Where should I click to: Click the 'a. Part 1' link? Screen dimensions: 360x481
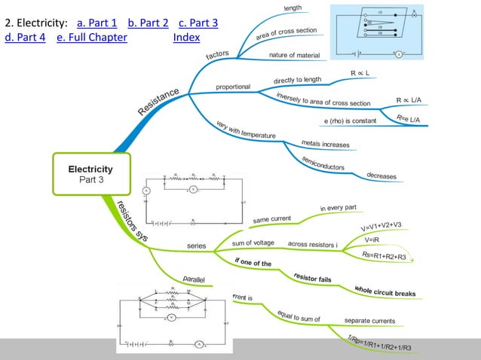point(97,23)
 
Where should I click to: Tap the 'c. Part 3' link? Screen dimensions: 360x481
point(198,23)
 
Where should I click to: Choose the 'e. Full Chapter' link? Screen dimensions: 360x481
point(91,38)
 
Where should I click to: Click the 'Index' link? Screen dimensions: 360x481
point(186,38)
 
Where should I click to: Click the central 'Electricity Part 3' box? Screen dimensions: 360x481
point(90,174)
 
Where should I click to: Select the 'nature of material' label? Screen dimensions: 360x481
point(294,55)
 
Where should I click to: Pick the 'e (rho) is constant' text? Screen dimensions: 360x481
point(349,121)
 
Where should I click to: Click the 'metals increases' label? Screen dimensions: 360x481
point(325,143)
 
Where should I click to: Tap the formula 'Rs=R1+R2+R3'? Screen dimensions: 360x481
point(384,256)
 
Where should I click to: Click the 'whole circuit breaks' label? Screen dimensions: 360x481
point(384,290)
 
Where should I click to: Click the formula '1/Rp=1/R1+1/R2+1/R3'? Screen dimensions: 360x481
point(384,343)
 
